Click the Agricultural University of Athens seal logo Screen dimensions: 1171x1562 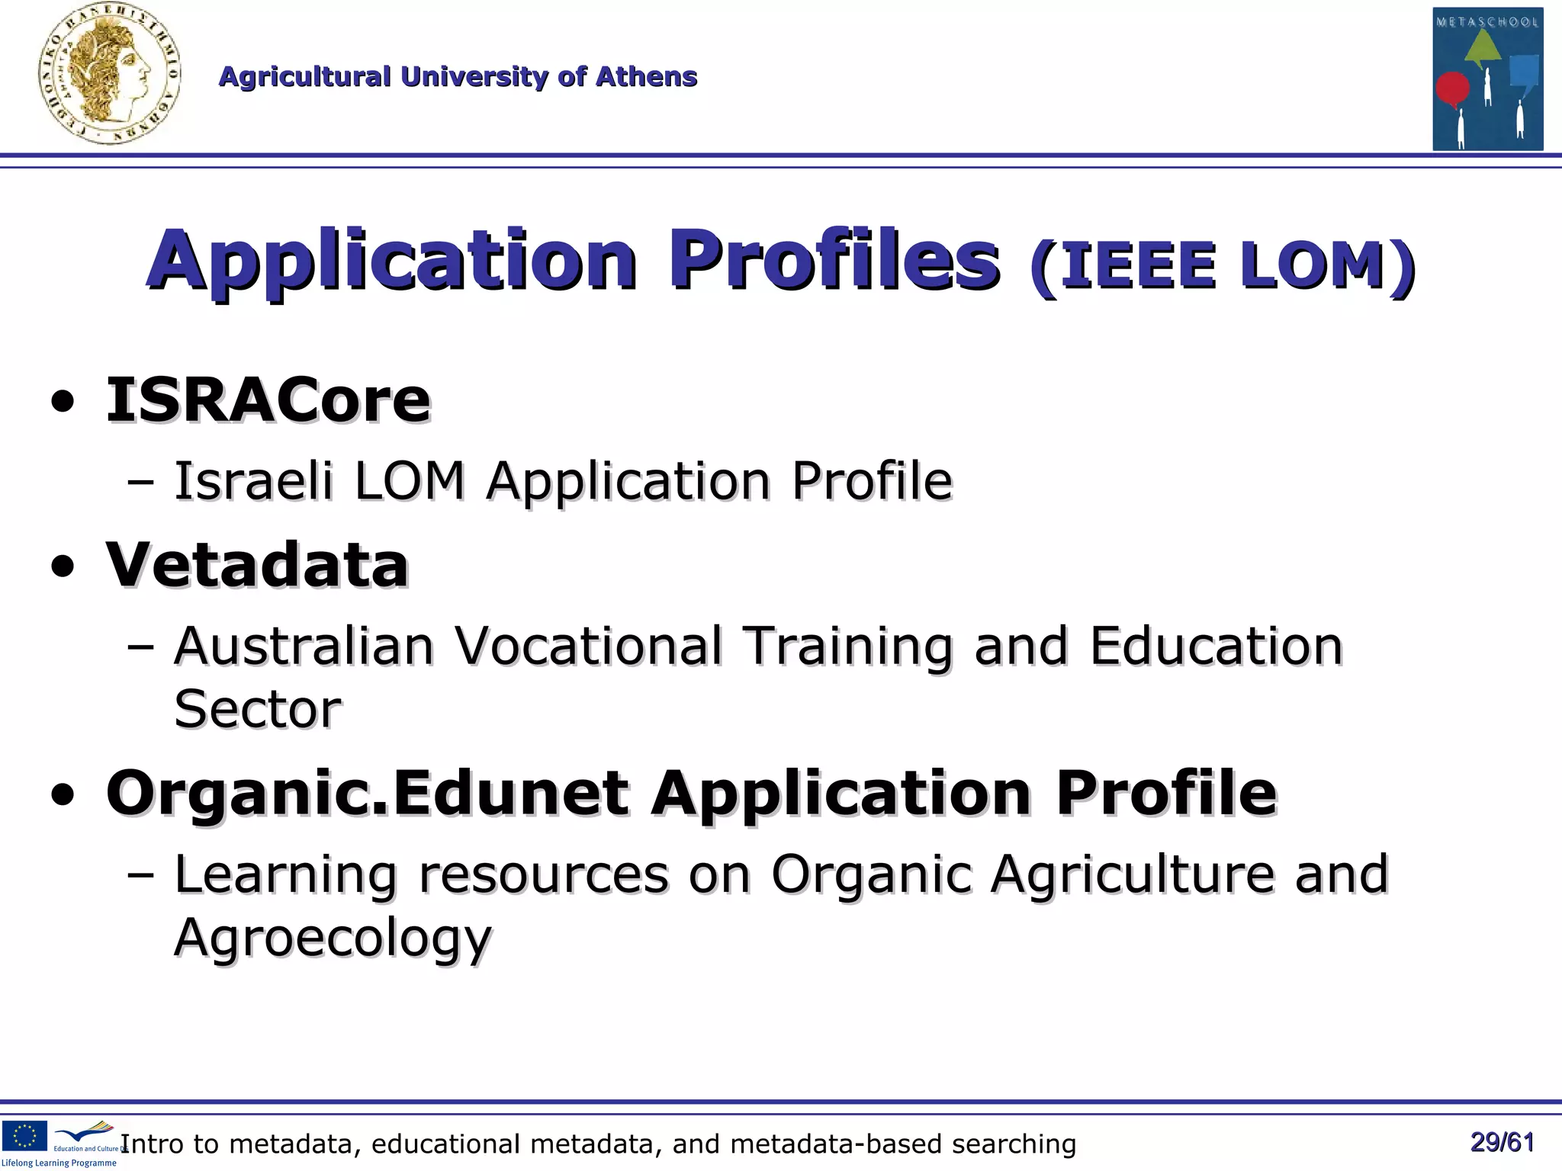pos(109,75)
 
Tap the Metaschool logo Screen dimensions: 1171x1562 pos(1487,79)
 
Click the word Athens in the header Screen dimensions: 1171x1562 pos(646,76)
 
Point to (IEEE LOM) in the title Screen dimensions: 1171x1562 pos(1223,265)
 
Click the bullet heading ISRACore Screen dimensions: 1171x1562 pos(268,400)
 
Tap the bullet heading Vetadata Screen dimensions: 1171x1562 pos(257,564)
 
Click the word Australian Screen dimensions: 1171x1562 pos(304,646)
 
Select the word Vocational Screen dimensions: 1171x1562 pos(589,646)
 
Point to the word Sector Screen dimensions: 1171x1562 pos(258,710)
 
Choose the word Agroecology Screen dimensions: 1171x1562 pos(333,938)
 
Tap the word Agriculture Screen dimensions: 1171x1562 pos(1133,874)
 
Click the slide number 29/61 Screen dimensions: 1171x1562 pos(1502,1142)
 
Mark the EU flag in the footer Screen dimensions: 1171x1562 pos(24,1135)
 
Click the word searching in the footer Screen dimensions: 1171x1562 pos(1014,1144)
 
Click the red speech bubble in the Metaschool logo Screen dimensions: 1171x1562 pos(1452,89)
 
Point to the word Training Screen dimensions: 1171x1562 pos(848,646)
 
